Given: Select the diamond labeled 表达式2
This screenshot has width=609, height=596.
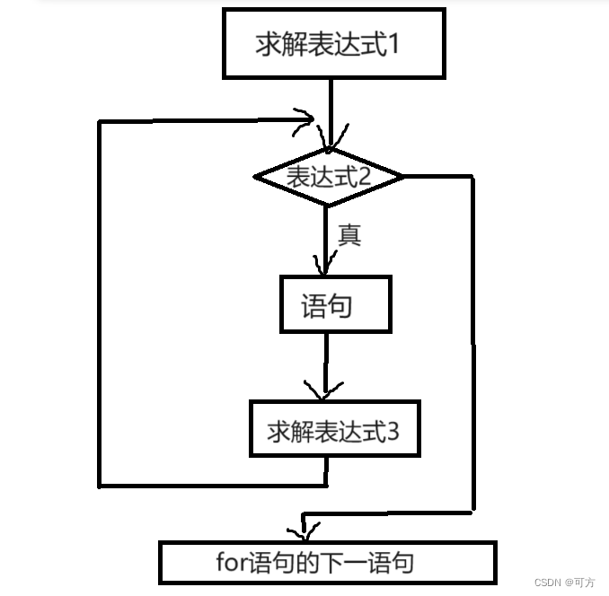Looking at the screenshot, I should [328, 177].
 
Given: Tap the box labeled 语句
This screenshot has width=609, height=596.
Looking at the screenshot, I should [335, 306].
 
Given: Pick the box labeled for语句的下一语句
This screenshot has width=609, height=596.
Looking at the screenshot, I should [327, 563].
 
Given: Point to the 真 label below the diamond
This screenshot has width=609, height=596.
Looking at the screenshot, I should [349, 235].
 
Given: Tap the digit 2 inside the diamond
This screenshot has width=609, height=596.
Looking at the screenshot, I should [365, 177].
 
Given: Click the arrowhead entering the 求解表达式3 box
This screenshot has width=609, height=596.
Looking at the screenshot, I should [324, 392].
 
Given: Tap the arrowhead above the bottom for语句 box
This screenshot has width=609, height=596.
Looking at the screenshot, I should [304, 530].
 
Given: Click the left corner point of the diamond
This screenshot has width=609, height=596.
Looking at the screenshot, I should [255, 177].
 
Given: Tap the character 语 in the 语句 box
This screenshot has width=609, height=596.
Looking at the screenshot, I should [313, 306].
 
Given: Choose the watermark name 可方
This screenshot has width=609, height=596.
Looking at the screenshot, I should [585, 582].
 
